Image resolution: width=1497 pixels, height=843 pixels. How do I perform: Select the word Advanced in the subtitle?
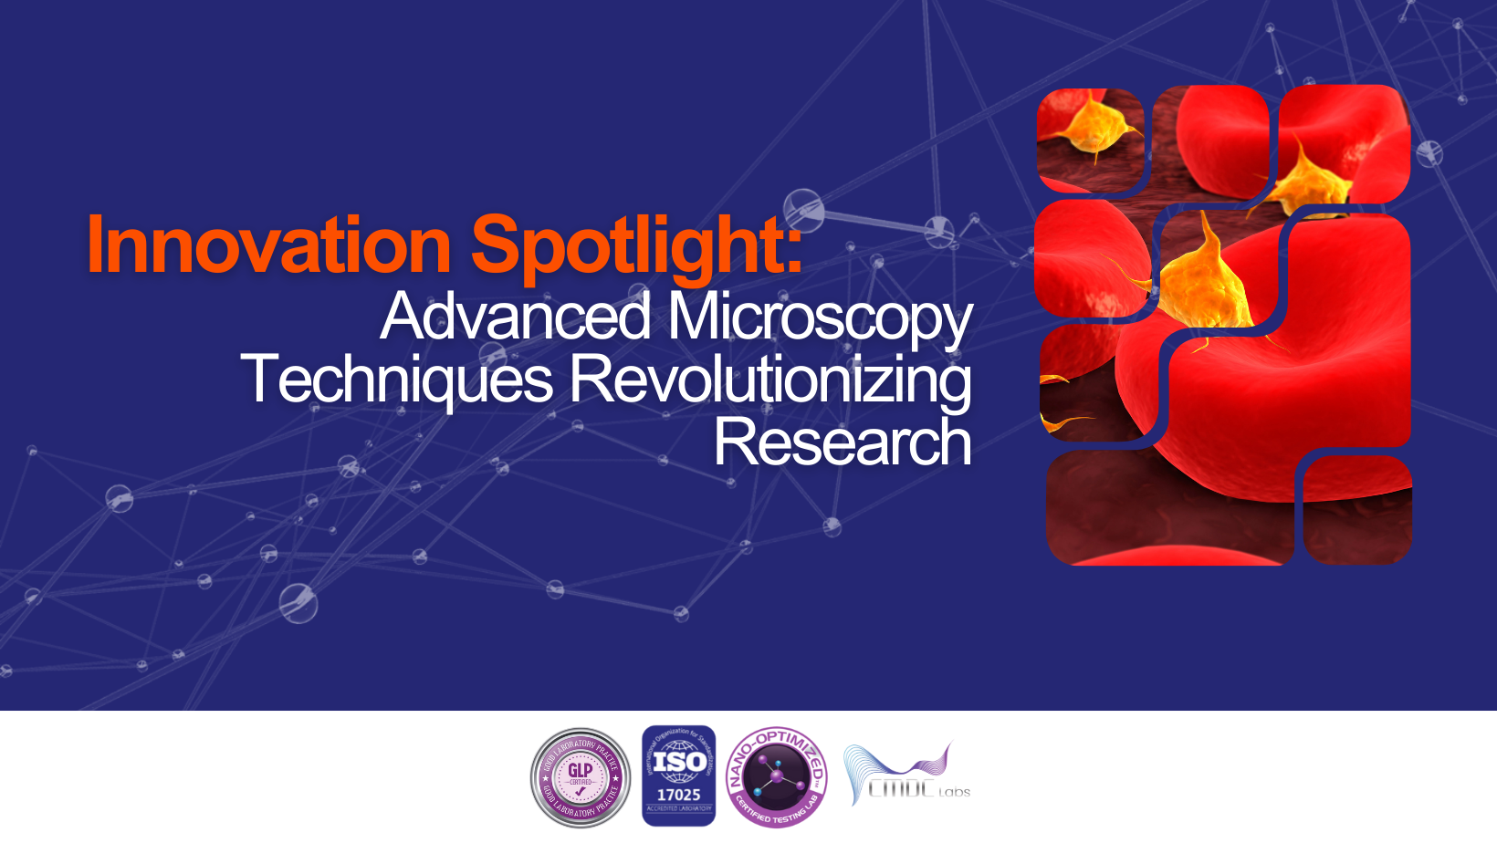(516, 317)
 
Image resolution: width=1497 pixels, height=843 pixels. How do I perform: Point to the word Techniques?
(397, 380)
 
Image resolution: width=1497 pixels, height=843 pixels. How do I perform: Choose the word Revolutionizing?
(770, 380)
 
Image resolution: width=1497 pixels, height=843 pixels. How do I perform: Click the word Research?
(842, 442)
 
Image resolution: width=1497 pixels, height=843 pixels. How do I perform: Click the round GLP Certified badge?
(581, 777)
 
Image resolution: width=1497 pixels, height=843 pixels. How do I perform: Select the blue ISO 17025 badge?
(678, 775)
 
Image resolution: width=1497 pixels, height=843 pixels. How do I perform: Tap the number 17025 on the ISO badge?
(678, 795)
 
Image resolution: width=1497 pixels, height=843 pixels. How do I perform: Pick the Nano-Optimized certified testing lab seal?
(777, 777)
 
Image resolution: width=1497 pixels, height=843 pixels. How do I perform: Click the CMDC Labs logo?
(906, 775)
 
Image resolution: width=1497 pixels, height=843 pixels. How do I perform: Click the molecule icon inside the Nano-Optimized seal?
(777, 776)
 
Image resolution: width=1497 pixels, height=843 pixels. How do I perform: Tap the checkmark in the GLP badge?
(581, 791)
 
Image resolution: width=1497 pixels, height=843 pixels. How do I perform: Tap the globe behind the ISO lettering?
(678, 764)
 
